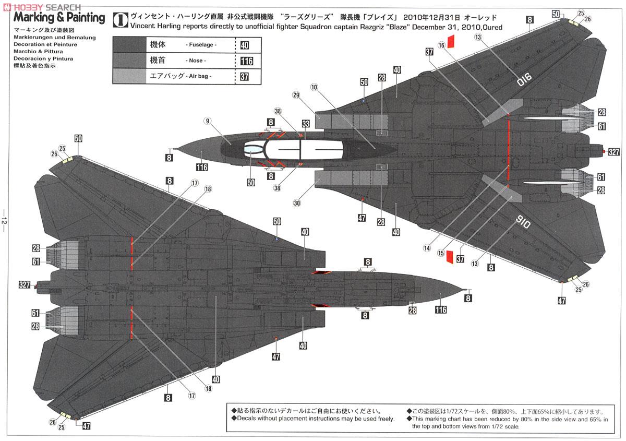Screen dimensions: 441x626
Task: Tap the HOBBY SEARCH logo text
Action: coord(45,7)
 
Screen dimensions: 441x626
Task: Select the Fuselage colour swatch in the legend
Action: coord(129,45)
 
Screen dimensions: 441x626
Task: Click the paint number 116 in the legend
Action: coord(246,61)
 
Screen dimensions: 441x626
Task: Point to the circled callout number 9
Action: coord(207,122)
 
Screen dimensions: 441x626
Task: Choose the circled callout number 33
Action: coord(305,124)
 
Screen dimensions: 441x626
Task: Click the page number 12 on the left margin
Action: coord(5,220)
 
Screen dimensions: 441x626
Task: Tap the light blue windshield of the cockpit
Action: coord(252,150)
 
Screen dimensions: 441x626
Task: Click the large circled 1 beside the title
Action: coord(119,19)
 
